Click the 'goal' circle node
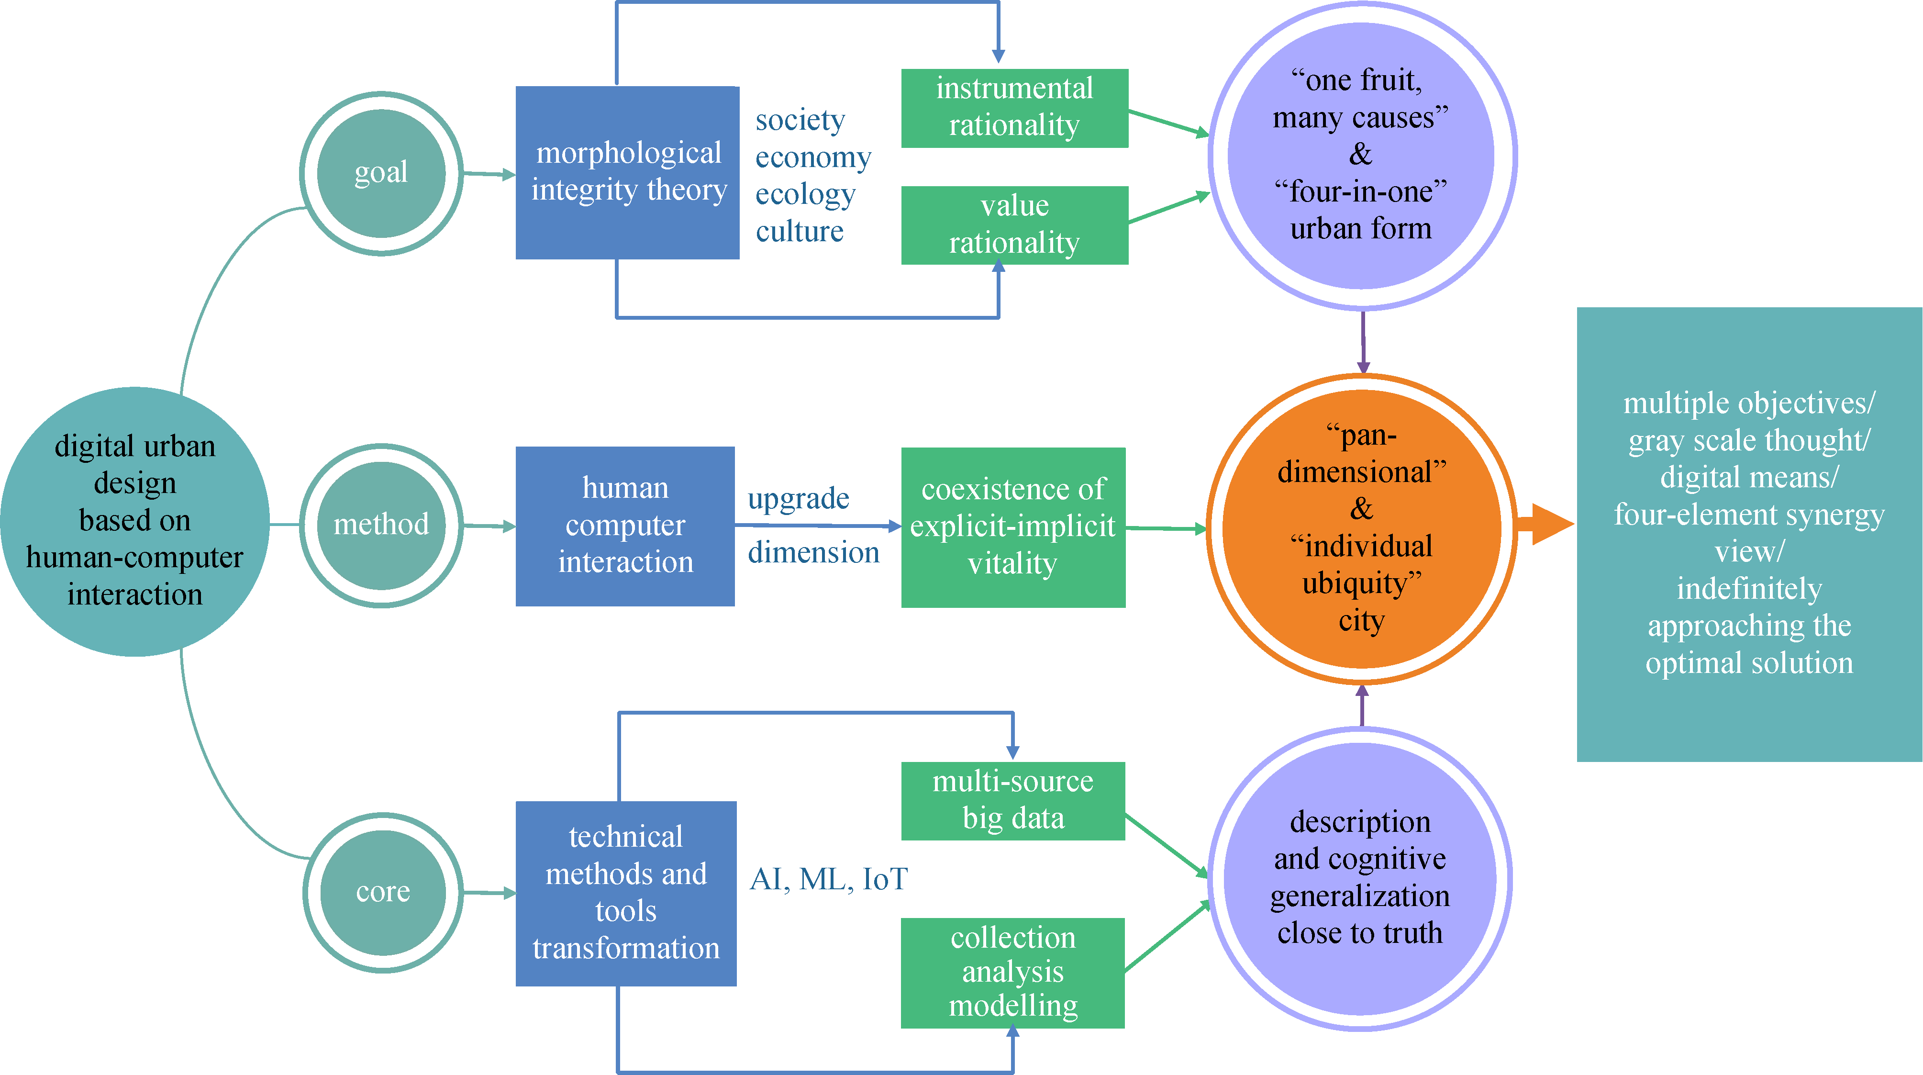click(x=381, y=173)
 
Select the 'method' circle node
click(x=381, y=525)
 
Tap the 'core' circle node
click(x=382, y=892)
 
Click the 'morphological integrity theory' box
click(x=627, y=172)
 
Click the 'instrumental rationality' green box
click(x=1014, y=108)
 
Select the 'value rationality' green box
click(x=1014, y=224)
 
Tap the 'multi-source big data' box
click(x=1012, y=800)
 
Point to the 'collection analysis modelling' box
click(x=1012, y=972)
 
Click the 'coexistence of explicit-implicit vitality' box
click(x=1012, y=526)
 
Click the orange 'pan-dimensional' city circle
click(x=1361, y=528)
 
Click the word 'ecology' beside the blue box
click(x=805, y=194)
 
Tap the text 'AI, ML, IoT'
click(x=828, y=879)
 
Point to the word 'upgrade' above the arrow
click(x=798, y=499)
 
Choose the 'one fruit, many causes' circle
click(x=1360, y=155)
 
